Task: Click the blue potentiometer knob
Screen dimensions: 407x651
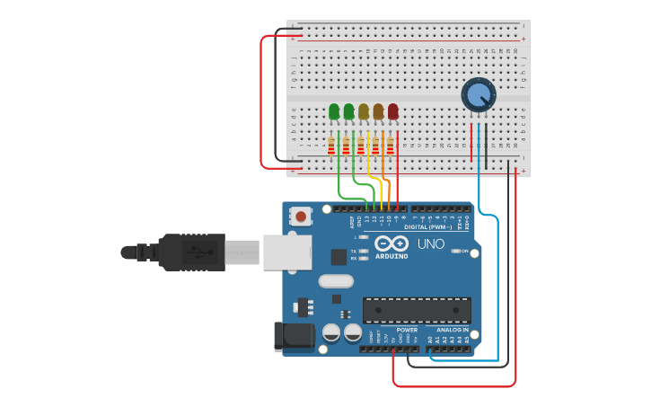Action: [x=478, y=94]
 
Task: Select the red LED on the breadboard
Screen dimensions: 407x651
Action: [x=392, y=111]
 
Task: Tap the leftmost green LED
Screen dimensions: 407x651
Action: [x=334, y=111]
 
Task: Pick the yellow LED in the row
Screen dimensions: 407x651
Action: [x=364, y=111]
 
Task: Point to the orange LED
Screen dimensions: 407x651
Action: [x=378, y=111]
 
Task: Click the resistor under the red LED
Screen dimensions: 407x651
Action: [x=391, y=145]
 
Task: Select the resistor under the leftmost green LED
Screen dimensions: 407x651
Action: [x=331, y=145]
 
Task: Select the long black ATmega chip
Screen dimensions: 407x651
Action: [x=417, y=310]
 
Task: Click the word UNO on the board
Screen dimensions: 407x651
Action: [x=431, y=243]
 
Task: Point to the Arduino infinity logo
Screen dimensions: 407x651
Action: [x=391, y=243]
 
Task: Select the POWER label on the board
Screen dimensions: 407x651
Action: [x=406, y=330]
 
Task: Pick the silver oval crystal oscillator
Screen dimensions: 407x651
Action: [x=336, y=281]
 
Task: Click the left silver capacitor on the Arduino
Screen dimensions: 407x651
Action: [x=331, y=332]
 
